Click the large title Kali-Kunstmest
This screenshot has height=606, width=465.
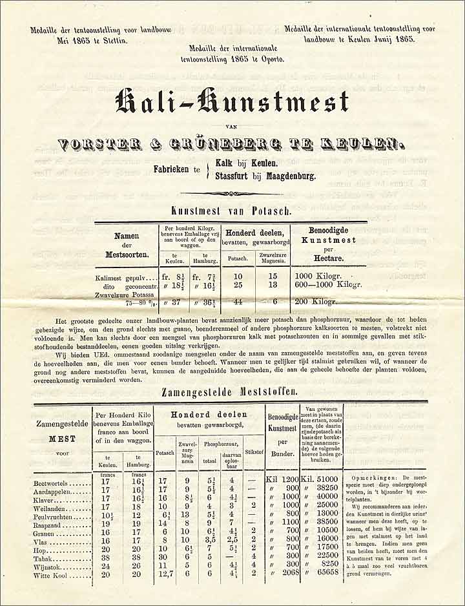pos(232,102)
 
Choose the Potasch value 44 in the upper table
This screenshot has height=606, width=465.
pos(238,301)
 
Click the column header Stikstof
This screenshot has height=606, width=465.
pos(254,443)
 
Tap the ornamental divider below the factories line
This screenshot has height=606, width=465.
pos(232,193)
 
